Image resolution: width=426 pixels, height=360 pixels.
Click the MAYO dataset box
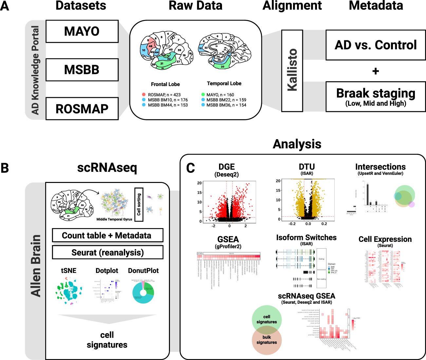[x=82, y=31]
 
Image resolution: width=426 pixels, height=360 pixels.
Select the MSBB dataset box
[x=82, y=70]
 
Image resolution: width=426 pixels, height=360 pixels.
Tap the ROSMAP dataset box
[x=82, y=109]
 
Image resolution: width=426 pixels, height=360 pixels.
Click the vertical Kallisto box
[x=292, y=70]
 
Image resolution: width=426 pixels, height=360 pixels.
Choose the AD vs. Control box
[x=376, y=45]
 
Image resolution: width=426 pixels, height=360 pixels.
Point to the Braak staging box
[x=376, y=97]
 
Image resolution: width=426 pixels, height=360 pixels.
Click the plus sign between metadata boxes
[x=376, y=71]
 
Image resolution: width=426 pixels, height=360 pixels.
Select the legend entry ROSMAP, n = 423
[x=164, y=95]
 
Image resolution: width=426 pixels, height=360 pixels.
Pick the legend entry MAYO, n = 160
[x=220, y=95]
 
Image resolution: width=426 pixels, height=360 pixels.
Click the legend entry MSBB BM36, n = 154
[x=226, y=105]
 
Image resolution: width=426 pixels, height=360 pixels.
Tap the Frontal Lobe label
[x=165, y=84]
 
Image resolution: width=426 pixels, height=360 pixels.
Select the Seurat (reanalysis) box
[x=107, y=252]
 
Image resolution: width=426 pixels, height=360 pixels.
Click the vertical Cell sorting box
[x=139, y=204]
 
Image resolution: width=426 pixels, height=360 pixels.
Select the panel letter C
[x=190, y=168]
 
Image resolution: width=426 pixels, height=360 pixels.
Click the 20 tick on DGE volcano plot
[x=199, y=183]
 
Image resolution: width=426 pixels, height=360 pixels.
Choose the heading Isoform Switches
[x=306, y=238]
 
